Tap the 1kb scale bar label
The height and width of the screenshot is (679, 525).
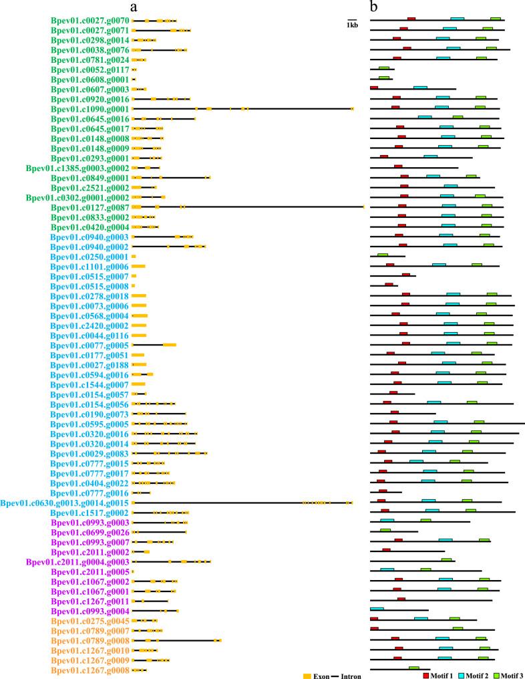click(352, 25)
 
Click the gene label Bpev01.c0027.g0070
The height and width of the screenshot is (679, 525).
click(90, 21)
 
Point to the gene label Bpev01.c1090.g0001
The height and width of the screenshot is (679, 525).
click(90, 109)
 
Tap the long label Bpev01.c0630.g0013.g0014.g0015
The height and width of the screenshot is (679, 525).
click(65, 503)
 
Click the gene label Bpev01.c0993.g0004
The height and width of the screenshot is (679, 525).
click(90, 611)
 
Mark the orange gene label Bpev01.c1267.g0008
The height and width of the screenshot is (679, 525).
click(90, 670)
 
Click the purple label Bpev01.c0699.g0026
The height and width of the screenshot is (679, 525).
click(90, 532)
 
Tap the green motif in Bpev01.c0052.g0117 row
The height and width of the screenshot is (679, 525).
click(383, 68)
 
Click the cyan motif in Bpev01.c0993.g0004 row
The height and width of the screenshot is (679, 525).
click(377, 609)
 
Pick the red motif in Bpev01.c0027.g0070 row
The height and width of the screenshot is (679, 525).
click(411, 19)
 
